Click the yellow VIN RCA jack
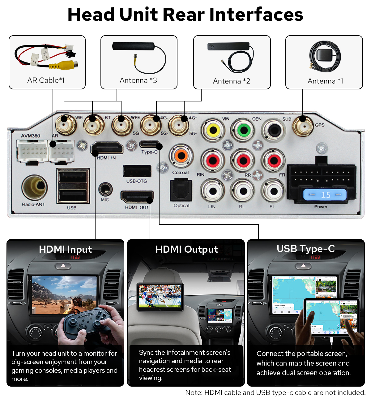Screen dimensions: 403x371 tap(213, 130)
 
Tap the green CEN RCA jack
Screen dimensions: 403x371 tap(244, 130)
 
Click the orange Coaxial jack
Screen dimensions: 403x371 tap(181, 156)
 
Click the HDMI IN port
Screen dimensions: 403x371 tap(107, 148)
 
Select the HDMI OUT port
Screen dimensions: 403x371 tap(137, 197)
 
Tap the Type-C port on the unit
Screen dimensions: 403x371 tap(150, 144)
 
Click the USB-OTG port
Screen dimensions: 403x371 tap(137, 171)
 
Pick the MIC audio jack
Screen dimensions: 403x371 tap(105, 189)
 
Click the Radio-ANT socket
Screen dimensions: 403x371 tap(35, 187)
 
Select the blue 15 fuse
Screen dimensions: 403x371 tap(324, 195)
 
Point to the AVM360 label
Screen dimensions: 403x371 tap(31, 136)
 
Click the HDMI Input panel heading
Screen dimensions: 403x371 tap(65, 249)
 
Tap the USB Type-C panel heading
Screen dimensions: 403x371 tap(305, 249)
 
